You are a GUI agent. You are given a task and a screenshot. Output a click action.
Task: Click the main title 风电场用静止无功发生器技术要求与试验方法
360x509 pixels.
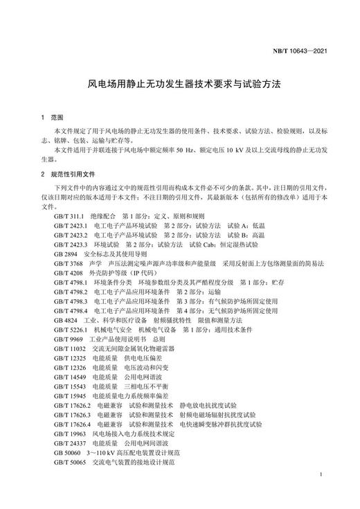click(180, 84)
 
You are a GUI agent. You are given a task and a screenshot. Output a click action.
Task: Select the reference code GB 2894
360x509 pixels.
click(64, 254)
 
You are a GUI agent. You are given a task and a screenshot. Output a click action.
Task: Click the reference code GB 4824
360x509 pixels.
click(64, 321)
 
